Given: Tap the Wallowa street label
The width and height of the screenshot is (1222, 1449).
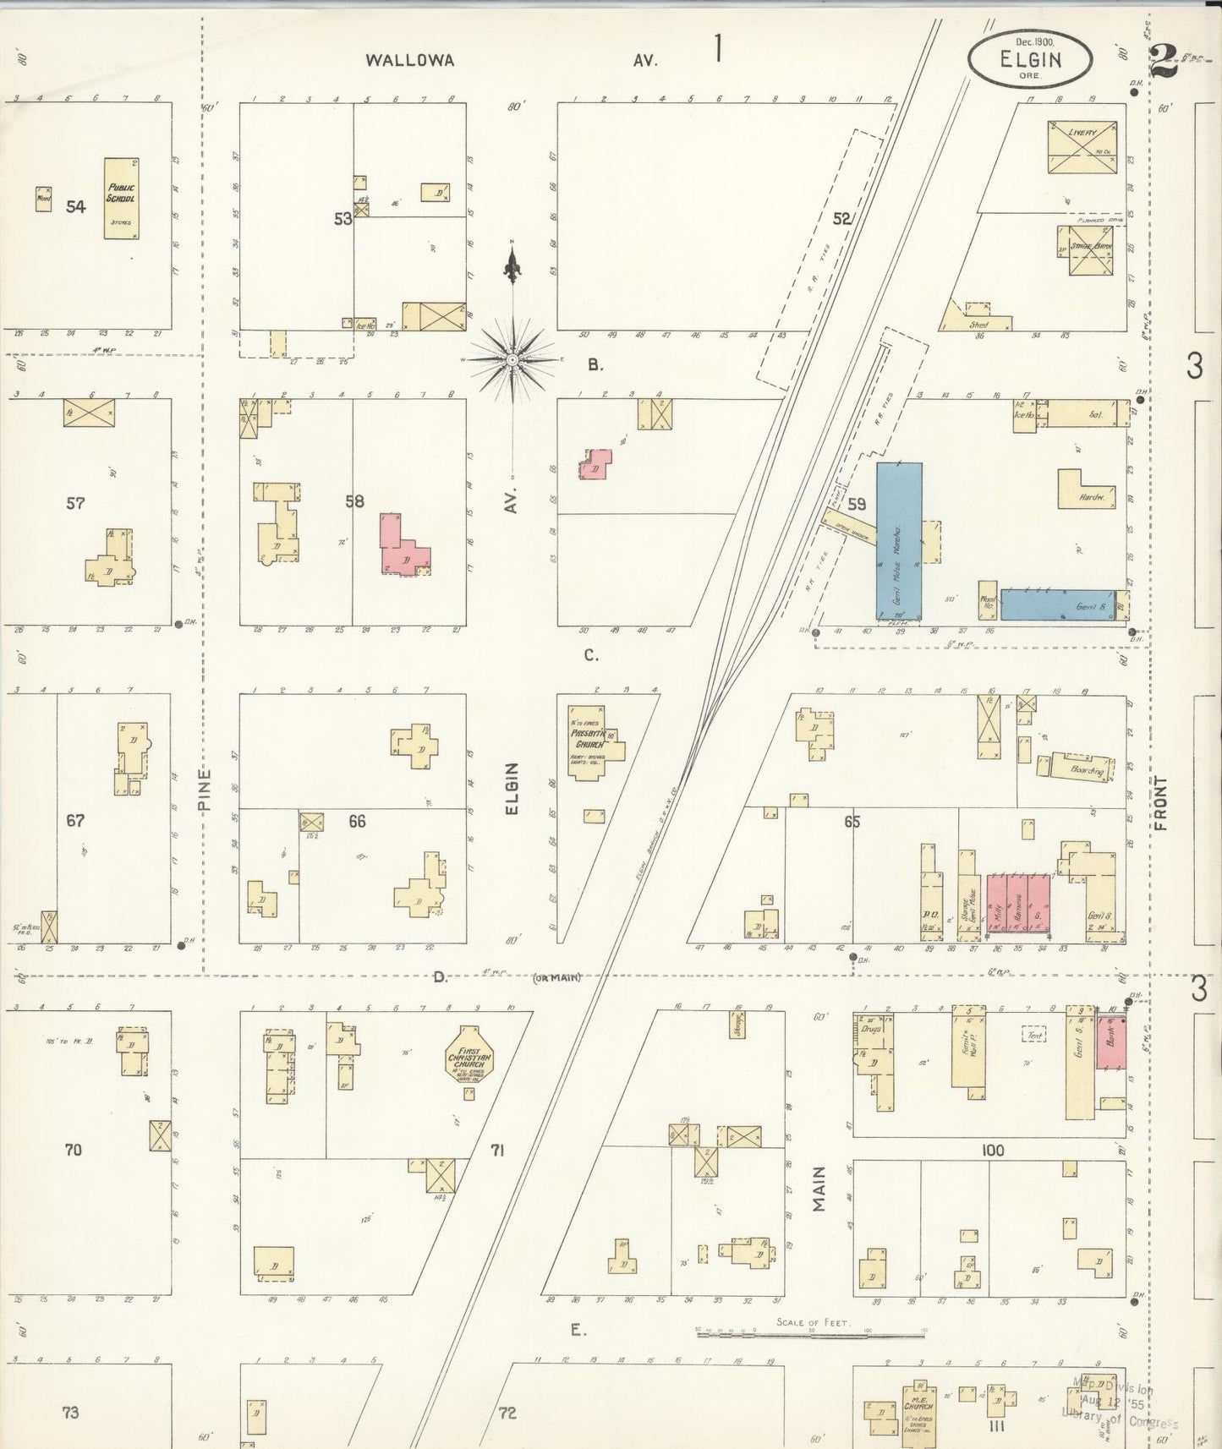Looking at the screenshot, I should [410, 60].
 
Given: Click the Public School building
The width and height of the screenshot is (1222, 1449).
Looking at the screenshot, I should [122, 198].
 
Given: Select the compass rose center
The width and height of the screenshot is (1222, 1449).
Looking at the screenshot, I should [512, 360].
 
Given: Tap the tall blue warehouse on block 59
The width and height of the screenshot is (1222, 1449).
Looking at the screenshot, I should [898, 540].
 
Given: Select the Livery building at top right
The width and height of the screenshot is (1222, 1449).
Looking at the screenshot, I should [1082, 146].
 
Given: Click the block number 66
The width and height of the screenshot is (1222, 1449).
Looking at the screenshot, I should [357, 821].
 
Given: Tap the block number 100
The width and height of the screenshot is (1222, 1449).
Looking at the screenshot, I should [992, 1151].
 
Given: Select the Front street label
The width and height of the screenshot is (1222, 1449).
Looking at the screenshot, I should [1161, 803].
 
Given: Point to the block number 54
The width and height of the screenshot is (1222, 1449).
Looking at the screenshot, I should [76, 206].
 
